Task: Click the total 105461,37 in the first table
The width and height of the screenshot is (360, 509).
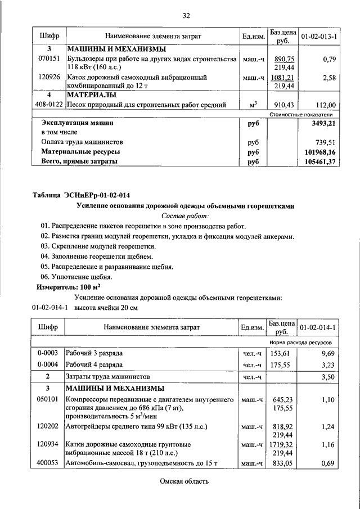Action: point(319,162)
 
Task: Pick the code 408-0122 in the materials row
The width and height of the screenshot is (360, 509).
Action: point(49,104)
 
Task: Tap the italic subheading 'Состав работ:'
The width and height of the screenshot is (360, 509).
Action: point(185,215)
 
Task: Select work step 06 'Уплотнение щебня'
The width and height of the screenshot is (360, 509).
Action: point(76,276)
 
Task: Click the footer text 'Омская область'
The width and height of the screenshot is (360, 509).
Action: point(183,481)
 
